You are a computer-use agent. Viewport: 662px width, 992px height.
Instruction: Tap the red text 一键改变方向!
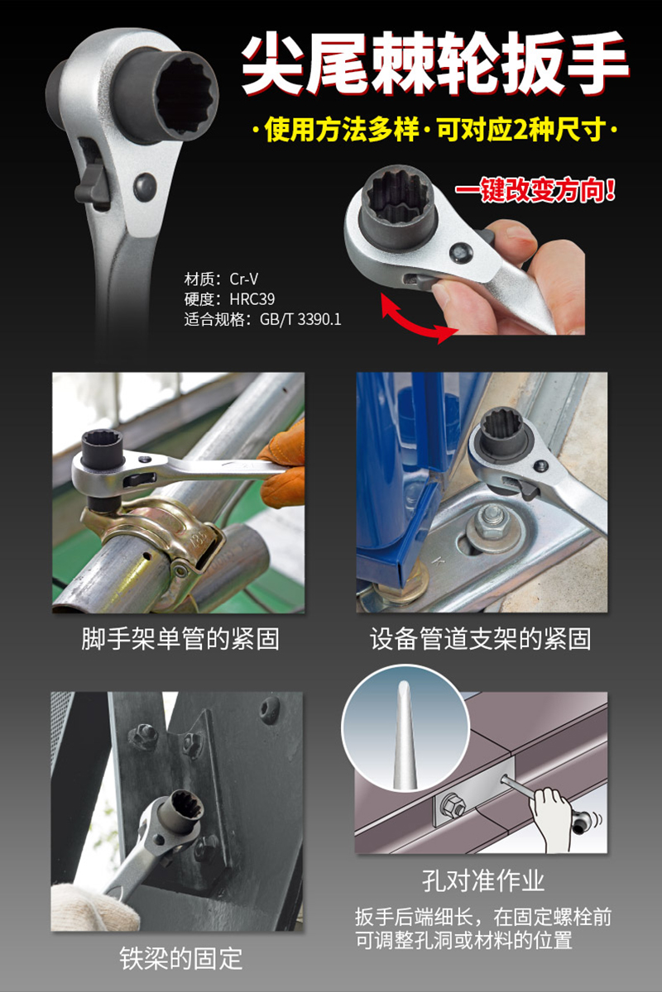coord(535,191)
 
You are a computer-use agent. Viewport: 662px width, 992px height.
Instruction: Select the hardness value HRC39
coord(252,299)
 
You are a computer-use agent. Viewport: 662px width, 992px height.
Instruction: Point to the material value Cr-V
coord(243,279)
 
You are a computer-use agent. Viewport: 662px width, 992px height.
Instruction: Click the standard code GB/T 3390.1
coord(300,319)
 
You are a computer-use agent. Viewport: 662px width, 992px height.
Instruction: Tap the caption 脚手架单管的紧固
coord(180,639)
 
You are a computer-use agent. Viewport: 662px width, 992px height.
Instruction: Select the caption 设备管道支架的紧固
coord(480,639)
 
